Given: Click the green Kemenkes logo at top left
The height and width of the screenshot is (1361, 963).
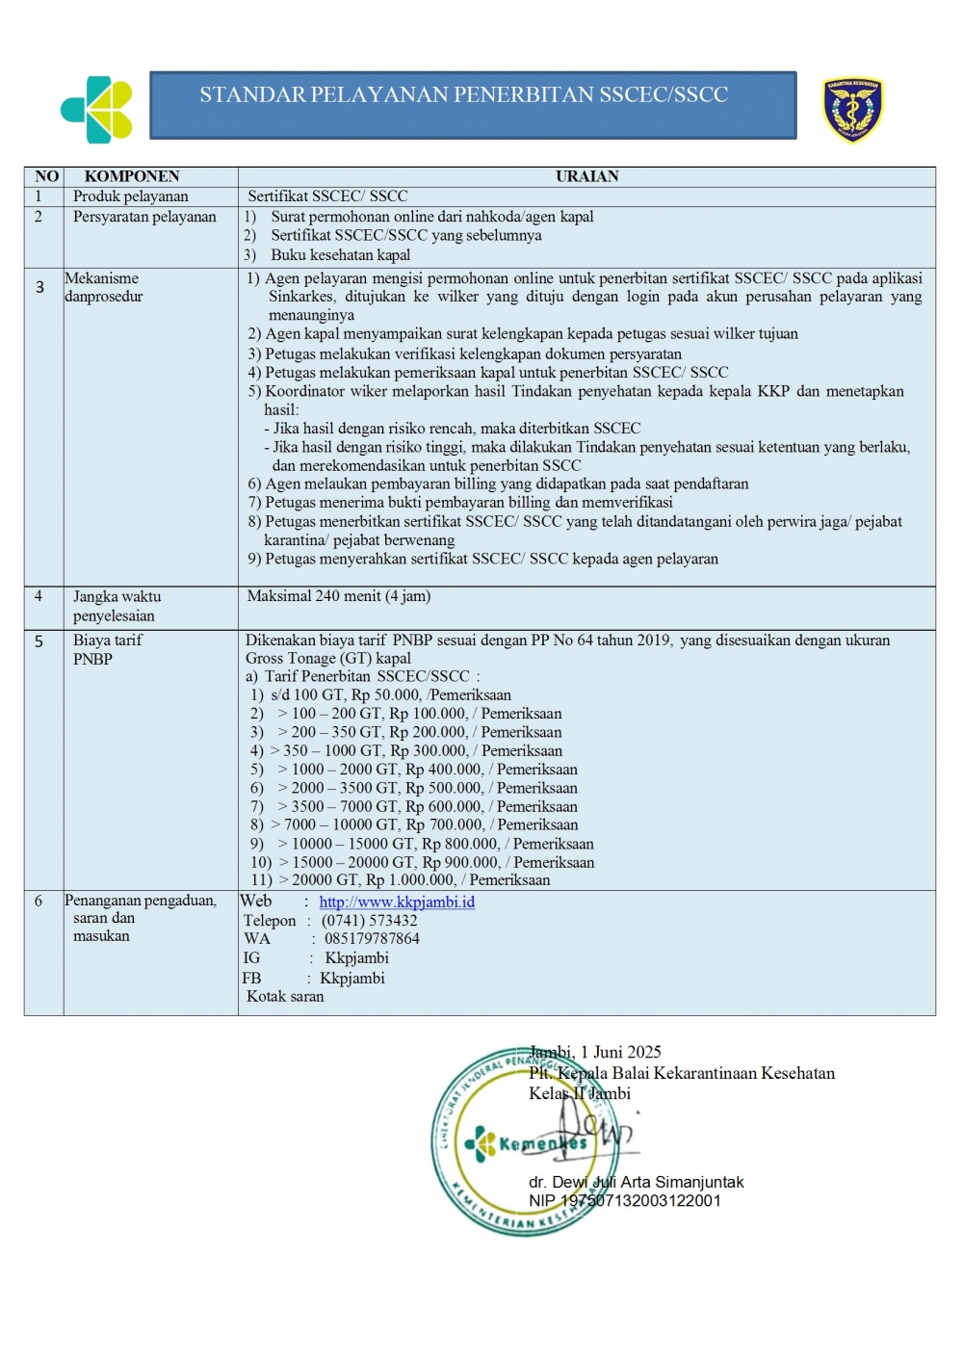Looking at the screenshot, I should [97, 110].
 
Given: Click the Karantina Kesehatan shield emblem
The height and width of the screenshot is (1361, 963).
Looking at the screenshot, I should [852, 110].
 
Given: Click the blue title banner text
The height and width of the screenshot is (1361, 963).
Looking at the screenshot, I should [463, 95].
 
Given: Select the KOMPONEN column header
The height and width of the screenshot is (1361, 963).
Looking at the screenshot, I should [132, 176].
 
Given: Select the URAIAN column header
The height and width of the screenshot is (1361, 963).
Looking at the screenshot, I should [586, 176].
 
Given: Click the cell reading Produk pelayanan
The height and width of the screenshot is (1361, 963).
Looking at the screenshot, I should [131, 196].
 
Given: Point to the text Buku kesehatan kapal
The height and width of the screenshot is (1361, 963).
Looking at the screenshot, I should [340, 255].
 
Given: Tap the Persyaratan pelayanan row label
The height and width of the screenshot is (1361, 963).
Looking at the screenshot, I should [144, 217].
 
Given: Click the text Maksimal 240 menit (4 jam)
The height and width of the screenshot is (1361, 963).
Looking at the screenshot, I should [339, 596].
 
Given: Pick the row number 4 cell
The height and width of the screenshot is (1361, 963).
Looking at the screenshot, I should [39, 596].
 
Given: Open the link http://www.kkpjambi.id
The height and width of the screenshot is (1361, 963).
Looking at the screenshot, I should [397, 903].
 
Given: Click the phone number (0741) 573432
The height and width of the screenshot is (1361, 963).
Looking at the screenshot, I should [370, 921].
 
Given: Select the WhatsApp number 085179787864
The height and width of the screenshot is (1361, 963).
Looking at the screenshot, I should [372, 939].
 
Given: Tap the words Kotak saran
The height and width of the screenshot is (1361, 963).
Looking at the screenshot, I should [285, 997].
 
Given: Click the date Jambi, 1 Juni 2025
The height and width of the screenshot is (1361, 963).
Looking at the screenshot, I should [595, 1052].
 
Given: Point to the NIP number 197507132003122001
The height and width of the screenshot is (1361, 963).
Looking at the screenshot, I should [625, 1201].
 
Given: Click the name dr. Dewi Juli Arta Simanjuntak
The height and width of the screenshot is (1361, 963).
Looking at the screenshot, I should [637, 1182].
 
